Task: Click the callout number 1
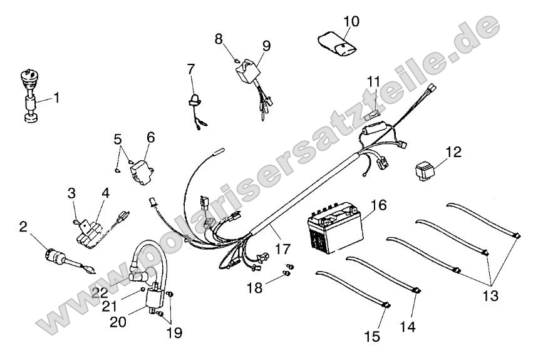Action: coord(56,97)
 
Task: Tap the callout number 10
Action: coord(351,21)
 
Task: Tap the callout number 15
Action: coord(372,337)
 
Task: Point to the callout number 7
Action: coord(190,68)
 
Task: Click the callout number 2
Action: coord(23,227)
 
